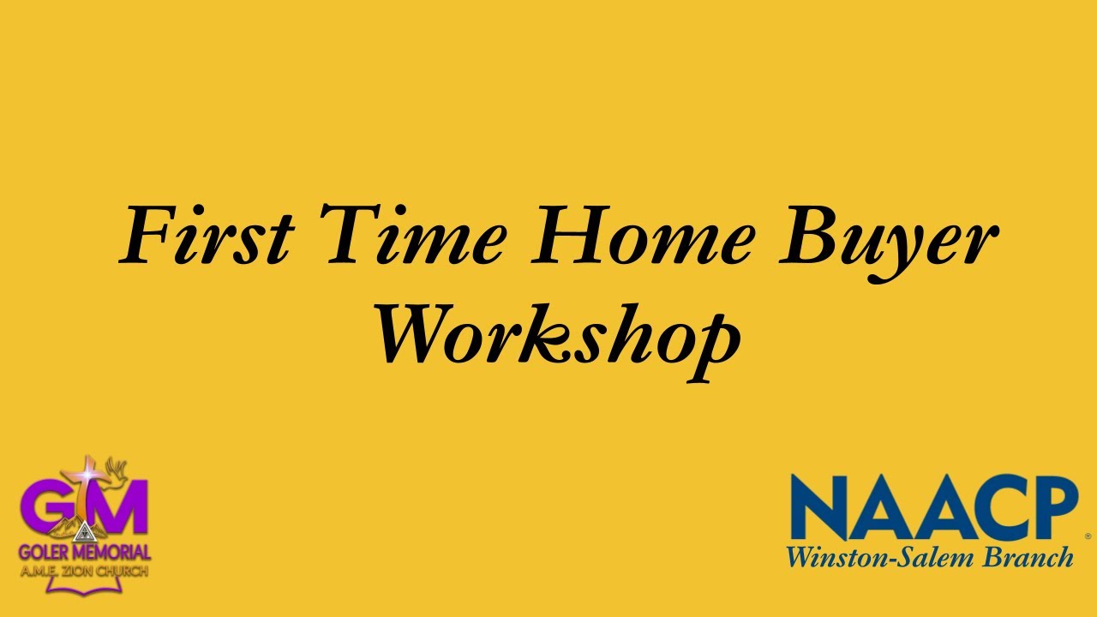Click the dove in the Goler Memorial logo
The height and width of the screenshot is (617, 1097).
coord(118,471)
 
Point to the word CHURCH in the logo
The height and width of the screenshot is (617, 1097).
coord(123,571)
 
